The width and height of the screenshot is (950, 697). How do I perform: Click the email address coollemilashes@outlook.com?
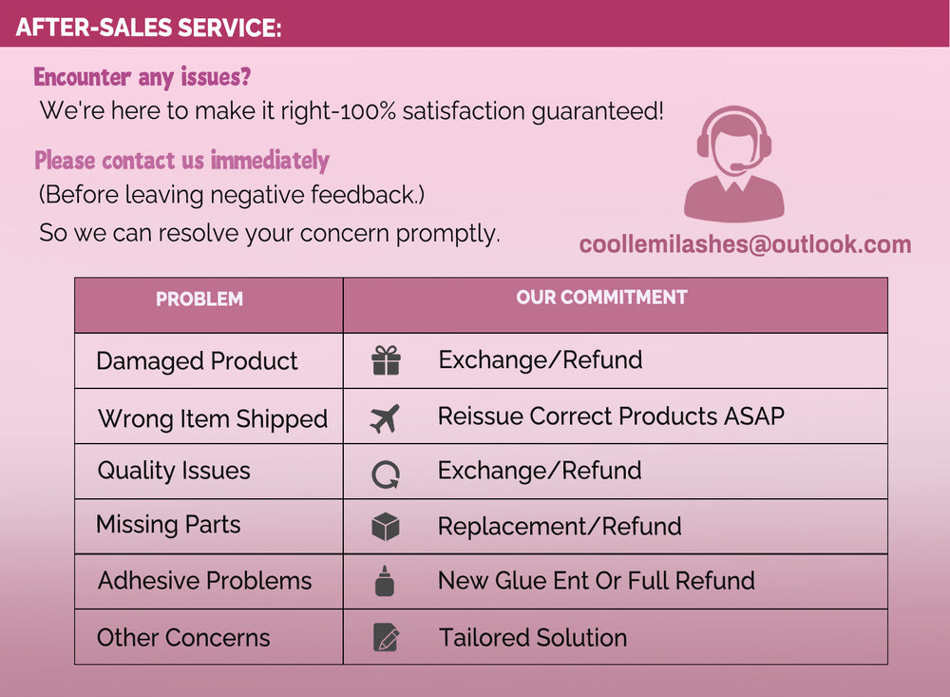745,243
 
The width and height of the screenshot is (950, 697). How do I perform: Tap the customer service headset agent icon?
734,164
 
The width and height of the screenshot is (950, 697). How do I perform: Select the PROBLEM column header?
199,300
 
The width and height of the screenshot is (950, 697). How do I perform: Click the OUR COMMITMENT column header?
601,298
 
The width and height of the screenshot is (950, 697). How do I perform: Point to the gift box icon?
386,360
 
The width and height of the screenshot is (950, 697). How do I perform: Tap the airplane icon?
386,418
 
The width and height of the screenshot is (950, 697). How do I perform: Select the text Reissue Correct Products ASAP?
611,416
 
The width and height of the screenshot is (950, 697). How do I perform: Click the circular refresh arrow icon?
386,474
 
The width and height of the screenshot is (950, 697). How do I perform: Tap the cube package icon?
386,527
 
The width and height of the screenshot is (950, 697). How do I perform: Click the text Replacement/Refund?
560,527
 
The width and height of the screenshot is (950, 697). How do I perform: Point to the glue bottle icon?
385,581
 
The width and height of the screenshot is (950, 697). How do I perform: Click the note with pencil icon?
386,637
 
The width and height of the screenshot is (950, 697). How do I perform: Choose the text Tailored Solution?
533,637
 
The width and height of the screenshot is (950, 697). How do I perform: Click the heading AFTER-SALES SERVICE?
148,28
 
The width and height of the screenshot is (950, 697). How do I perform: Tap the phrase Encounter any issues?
142,77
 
